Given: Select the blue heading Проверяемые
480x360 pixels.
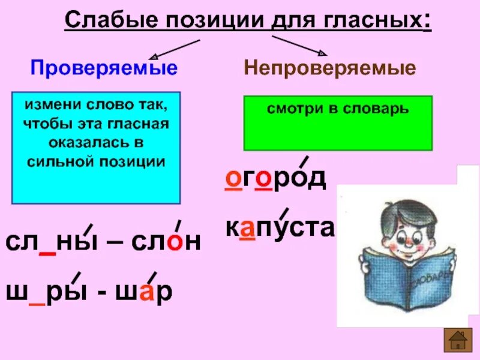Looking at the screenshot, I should (x=104, y=68).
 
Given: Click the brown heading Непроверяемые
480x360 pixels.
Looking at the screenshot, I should (x=329, y=68).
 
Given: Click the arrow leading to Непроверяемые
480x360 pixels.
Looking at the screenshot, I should (x=300, y=47).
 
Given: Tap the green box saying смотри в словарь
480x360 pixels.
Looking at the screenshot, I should (x=338, y=122).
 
